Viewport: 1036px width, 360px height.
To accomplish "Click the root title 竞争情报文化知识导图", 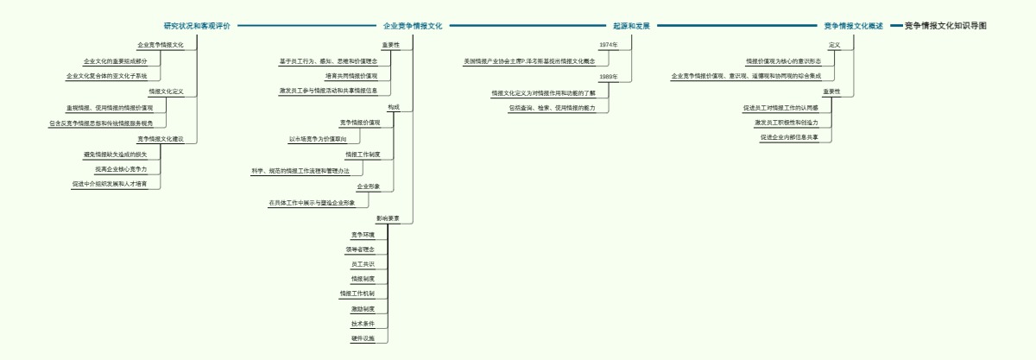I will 945,26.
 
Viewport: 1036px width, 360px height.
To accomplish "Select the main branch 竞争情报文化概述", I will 853,26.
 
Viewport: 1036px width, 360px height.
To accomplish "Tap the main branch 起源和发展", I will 631,26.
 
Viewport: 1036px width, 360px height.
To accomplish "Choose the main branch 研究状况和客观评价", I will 197,26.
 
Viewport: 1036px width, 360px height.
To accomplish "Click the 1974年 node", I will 609,44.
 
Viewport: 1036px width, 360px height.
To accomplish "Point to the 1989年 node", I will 609,77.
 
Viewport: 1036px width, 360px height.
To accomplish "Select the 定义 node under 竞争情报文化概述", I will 834,44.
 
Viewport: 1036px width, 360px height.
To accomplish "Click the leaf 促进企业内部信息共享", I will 789,137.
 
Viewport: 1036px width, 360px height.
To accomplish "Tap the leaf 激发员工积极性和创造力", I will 786,123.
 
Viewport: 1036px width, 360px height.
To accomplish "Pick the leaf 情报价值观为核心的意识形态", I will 784,61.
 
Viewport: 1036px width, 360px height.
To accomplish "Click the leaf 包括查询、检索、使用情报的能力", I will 552,108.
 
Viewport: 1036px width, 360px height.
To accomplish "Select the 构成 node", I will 394,107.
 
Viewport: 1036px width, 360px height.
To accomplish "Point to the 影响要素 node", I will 388,218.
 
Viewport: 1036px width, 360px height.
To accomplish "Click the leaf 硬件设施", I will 363,338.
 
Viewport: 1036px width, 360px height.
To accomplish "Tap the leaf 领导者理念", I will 360,249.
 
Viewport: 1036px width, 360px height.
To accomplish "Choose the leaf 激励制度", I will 363,308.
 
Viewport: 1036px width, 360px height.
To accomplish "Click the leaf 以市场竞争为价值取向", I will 318,139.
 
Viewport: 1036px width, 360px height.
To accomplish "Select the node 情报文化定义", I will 167,92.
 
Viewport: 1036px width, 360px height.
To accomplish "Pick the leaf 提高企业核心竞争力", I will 121,169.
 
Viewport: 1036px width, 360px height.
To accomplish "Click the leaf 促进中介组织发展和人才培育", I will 110,184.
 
